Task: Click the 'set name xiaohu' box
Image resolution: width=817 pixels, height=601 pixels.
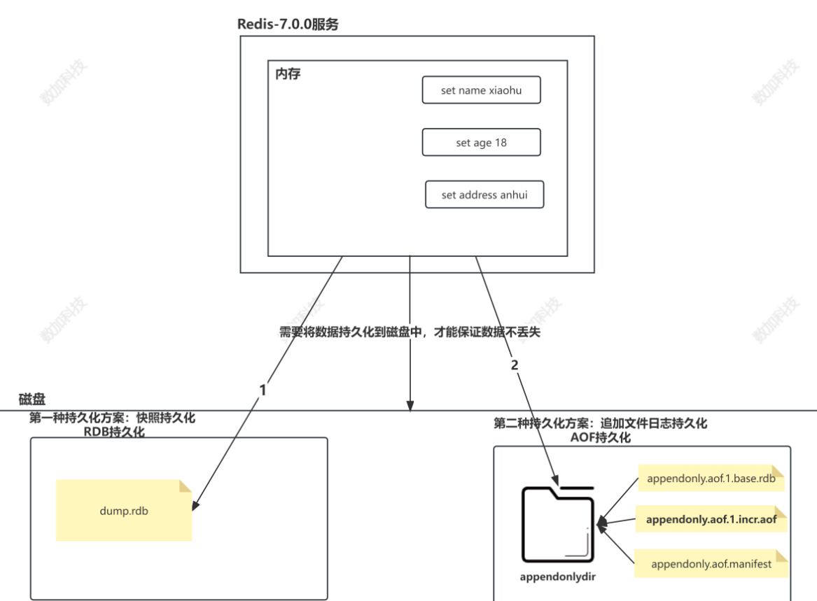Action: [481, 90]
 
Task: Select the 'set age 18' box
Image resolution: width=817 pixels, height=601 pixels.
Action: [481, 143]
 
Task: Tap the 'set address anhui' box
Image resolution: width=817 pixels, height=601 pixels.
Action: [484, 195]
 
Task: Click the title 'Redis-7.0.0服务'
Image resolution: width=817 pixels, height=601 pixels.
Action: [288, 24]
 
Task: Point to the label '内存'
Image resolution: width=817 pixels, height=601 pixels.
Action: [288, 73]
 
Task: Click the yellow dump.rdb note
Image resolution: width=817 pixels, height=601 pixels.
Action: [124, 511]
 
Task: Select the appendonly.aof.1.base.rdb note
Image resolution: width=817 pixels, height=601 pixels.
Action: [710, 479]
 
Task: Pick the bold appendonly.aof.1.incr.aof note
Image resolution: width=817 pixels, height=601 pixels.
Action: [711, 520]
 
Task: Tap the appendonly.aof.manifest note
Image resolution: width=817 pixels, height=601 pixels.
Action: [711, 563]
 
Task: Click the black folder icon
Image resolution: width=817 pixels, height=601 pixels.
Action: [557, 523]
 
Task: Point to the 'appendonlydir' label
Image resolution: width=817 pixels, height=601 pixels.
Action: [557, 578]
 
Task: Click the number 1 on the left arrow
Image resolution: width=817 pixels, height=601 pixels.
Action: [263, 390]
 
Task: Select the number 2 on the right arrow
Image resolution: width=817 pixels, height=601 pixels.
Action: [515, 365]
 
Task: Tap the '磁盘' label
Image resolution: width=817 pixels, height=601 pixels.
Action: [32, 400]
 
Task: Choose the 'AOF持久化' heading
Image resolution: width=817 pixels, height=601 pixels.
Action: [601, 437]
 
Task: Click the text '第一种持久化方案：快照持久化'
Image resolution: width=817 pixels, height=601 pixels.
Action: [112, 418]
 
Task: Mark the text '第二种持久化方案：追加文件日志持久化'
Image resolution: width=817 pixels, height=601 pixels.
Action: [600, 423]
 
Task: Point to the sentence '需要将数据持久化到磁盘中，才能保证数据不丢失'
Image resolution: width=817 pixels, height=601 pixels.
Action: [410, 332]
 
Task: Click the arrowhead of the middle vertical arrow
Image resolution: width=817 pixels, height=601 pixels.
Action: [410, 406]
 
